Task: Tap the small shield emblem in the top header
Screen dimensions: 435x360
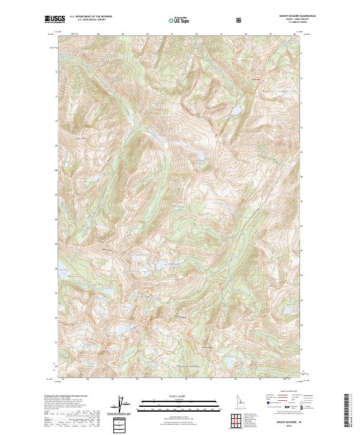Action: [x=240, y=20]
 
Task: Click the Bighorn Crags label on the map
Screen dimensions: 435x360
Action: [x=275, y=92]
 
